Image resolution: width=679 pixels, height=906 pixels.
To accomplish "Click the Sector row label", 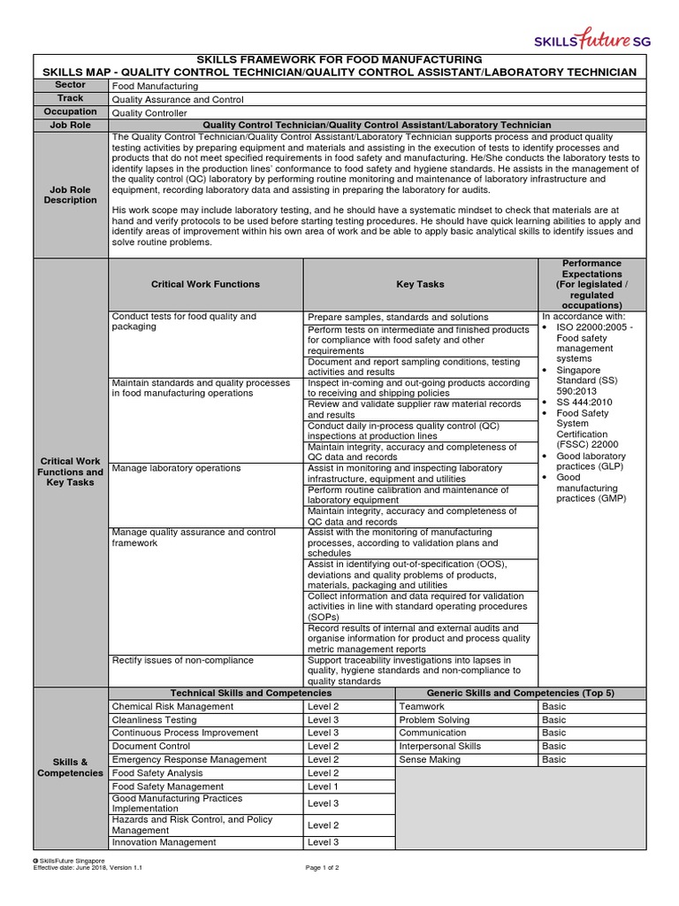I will click(70, 86).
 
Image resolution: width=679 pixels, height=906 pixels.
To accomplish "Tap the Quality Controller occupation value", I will click(149, 113).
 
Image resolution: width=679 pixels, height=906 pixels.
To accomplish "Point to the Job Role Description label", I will click(70, 195).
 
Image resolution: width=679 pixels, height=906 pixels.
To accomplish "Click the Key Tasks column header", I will click(420, 284).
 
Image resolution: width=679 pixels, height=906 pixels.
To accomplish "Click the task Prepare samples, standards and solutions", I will click(398, 317).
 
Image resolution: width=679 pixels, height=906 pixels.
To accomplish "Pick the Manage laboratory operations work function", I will click(176, 468).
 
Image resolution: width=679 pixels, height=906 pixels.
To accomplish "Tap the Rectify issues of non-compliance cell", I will click(182, 660).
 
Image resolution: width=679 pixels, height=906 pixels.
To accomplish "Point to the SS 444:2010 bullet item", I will click(585, 401).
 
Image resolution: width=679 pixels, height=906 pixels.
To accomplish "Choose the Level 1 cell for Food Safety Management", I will click(323, 787).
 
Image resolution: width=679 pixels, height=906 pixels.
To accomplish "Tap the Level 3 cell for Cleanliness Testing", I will click(323, 720).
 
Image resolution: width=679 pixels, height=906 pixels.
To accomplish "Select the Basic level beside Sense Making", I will click(554, 760).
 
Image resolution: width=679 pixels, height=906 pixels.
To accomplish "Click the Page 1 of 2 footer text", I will click(322, 868).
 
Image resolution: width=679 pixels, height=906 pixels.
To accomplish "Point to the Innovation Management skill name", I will click(164, 842).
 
